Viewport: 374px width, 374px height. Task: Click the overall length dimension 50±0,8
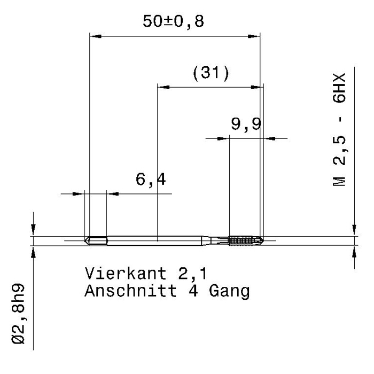[174, 22]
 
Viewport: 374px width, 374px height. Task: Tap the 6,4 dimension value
[150, 180]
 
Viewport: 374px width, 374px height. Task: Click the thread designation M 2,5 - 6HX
[338, 131]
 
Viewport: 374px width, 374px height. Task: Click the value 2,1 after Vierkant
[192, 273]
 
